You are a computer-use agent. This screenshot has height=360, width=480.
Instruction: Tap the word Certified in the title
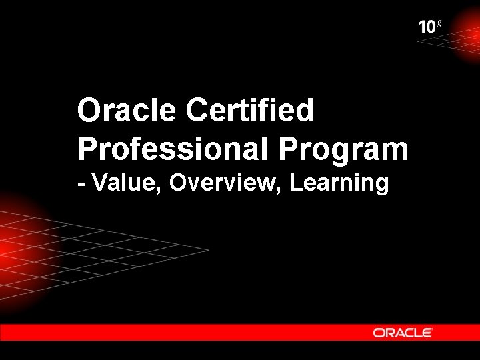tap(250, 111)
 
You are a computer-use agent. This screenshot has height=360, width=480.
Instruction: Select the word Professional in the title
tap(171, 149)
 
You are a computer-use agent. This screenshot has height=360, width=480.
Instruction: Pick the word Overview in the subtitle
tap(225, 182)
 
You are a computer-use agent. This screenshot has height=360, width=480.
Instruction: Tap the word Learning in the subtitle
tap(339, 183)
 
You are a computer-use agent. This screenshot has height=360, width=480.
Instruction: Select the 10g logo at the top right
tap(430, 27)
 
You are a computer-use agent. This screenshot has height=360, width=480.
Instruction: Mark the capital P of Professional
tap(87, 149)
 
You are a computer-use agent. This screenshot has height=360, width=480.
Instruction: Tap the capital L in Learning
tap(296, 182)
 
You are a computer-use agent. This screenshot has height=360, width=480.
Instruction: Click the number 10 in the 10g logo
tap(427, 28)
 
